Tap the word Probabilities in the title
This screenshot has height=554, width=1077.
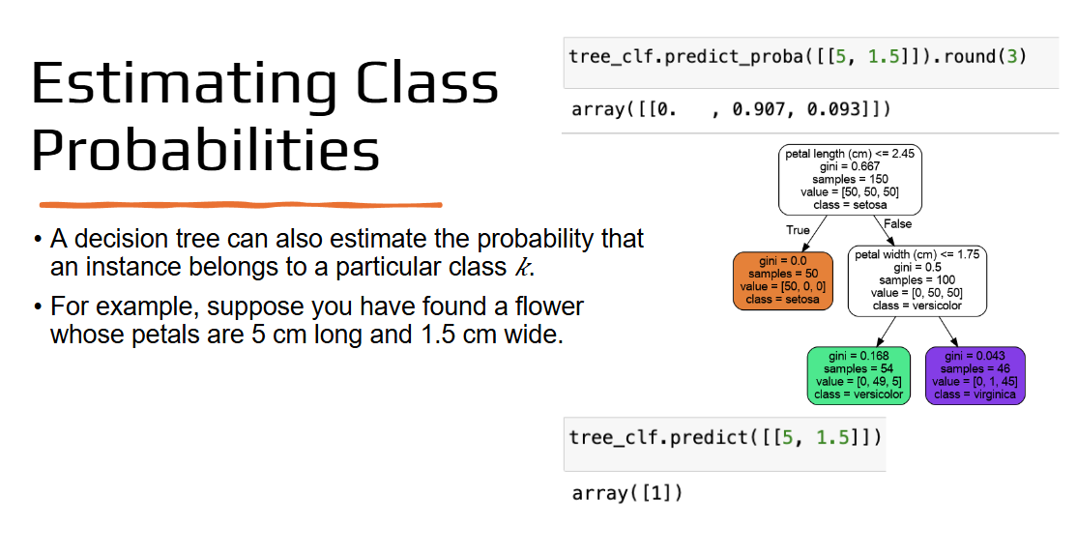point(205,150)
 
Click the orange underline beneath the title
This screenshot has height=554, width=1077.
point(241,205)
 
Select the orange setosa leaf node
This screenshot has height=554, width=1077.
point(783,280)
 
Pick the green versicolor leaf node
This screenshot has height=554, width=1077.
point(859,375)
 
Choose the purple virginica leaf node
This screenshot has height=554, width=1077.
point(975,375)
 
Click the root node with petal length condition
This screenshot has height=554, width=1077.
point(850,179)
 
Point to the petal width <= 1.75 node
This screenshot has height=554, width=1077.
point(917,280)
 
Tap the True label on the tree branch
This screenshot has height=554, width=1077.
point(798,230)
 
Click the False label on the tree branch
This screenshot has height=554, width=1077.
point(898,223)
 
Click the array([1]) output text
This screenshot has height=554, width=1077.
point(627,493)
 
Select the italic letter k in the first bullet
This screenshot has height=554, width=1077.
point(523,267)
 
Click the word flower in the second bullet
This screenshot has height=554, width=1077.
point(549,306)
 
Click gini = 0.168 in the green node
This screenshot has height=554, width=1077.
point(859,356)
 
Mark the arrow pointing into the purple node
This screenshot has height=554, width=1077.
point(947,333)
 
